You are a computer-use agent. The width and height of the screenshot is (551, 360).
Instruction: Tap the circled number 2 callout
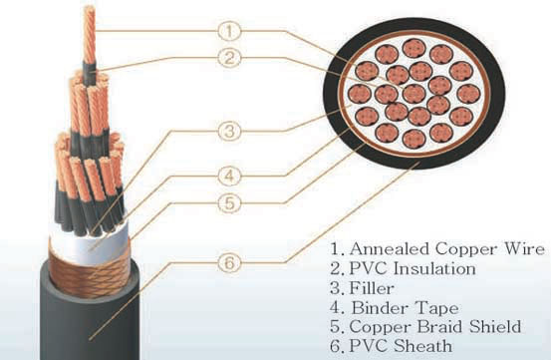point(230,58)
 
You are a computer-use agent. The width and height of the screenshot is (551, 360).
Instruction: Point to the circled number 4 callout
point(230,177)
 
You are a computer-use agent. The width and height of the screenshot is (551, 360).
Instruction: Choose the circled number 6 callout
point(230,264)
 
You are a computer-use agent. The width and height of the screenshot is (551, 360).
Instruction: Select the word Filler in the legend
point(368,287)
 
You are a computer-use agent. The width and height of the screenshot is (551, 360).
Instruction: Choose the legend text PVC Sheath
point(398,345)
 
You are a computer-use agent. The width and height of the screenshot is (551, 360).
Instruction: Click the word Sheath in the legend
point(420,345)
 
